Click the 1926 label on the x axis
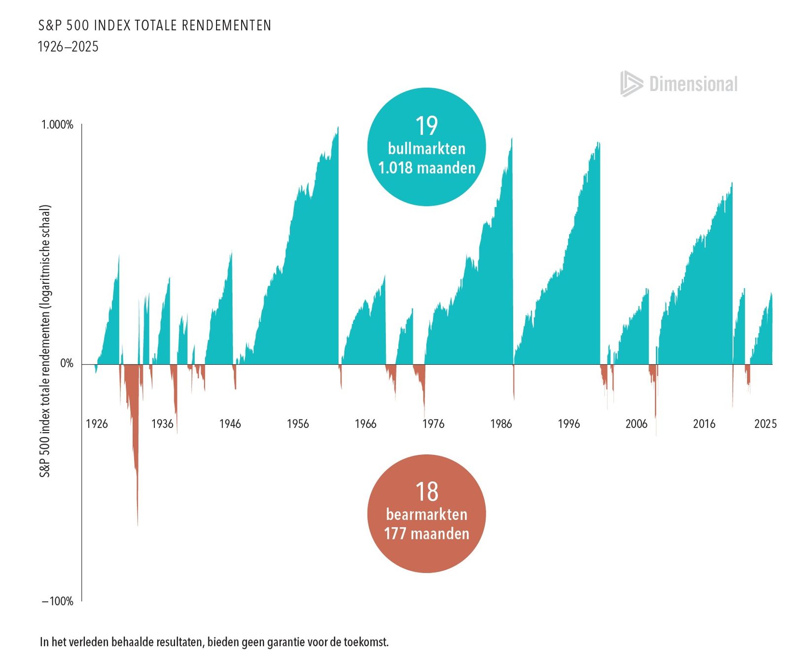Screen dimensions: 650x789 (97, 424)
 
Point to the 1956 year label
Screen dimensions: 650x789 (298, 424)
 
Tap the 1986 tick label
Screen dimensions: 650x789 (501, 424)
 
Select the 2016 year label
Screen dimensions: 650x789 (704, 424)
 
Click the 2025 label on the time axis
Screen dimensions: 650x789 (765, 424)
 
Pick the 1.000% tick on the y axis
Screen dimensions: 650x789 (57, 125)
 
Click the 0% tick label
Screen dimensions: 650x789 (67, 364)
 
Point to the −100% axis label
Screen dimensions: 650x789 (58, 601)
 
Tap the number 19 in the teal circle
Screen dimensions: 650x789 (427, 126)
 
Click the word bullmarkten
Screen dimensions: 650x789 (427, 148)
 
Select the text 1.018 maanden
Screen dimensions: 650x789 (427, 168)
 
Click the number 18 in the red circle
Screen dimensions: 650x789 (427, 492)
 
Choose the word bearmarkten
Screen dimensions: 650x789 (427, 514)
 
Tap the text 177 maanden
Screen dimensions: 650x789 (427, 534)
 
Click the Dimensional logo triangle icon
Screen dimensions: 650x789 (631, 84)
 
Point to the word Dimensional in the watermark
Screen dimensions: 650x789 (693, 84)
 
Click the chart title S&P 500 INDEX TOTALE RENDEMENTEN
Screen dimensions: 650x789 (155, 25)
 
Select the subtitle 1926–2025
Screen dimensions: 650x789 (69, 47)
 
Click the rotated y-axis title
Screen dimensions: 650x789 (45, 341)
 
